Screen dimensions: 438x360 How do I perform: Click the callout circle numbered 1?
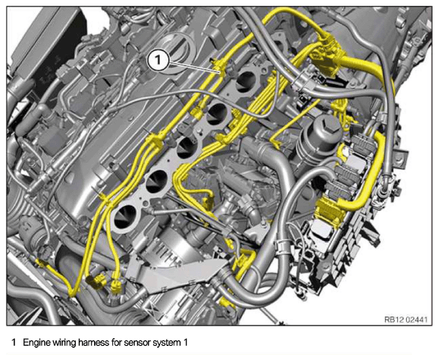[x=158, y=60]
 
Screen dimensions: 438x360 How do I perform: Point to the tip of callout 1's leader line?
[x=221, y=72]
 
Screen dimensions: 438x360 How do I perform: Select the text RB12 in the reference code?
[x=393, y=319]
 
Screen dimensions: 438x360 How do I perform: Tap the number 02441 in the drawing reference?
[x=416, y=319]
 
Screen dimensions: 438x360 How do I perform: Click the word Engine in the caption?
[x=37, y=343]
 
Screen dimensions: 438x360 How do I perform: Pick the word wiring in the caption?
[x=64, y=343]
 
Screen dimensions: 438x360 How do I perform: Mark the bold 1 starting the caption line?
[x=14, y=343]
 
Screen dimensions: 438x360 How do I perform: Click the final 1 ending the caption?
[x=185, y=343]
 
